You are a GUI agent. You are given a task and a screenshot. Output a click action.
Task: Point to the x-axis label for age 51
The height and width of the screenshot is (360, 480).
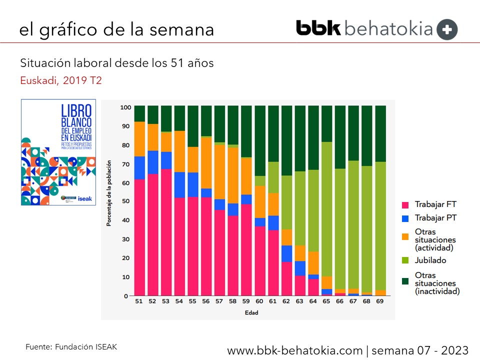pos(139,301)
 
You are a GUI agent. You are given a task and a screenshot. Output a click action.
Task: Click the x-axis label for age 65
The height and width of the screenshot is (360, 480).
pos(326,301)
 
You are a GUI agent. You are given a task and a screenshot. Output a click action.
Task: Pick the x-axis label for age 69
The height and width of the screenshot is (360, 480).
pos(380,301)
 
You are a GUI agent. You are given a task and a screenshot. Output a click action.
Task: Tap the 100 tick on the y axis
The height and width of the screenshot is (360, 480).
pos(125,107)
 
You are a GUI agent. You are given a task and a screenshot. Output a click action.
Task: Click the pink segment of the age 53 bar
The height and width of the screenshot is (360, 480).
pos(166,232)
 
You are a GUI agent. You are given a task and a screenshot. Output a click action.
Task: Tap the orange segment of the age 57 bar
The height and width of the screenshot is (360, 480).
pos(219,172)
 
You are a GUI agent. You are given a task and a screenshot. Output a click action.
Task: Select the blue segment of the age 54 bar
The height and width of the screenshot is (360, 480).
pos(179,185)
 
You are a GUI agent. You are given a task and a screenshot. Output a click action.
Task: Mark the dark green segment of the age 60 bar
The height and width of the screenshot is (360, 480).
pos(259,140)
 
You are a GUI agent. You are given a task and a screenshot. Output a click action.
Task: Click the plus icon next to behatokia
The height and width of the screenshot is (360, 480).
pos(447,29)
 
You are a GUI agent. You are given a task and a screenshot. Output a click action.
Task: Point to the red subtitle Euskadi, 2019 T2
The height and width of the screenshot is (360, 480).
pos(61,80)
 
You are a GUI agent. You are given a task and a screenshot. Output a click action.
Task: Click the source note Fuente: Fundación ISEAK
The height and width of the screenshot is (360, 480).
pos(71,346)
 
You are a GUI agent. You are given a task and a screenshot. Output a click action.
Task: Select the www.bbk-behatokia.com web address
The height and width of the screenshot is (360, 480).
pos(295,349)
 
